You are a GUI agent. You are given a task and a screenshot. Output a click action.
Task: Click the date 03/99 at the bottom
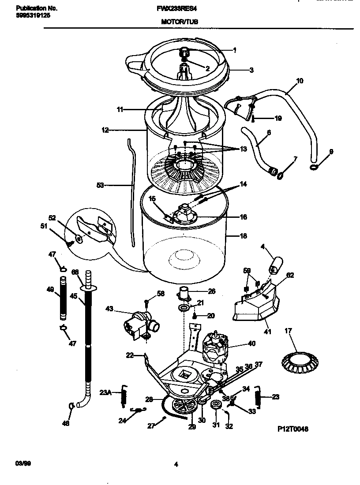22,464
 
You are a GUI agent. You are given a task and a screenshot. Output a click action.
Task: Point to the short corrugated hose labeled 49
64,298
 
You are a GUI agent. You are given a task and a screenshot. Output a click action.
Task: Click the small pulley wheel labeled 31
216,406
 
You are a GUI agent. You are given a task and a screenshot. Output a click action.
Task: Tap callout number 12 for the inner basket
105,130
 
